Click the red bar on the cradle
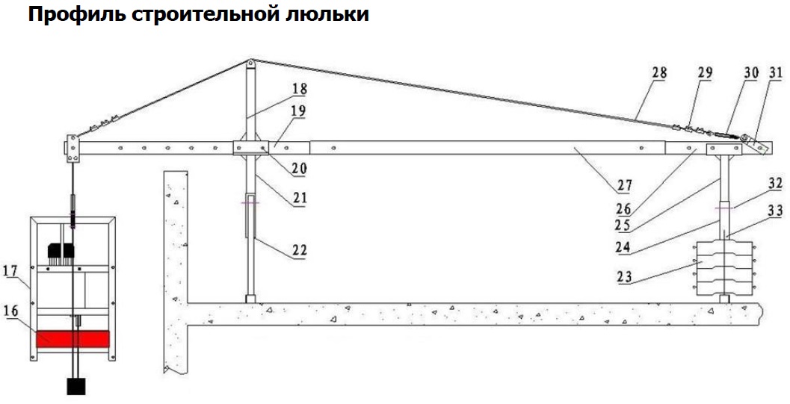click(x=72, y=339)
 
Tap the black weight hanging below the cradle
click(x=77, y=386)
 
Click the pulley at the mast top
click(x=250, y=63)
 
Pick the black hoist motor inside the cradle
click(x=58, y=253)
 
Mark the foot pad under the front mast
click(x=250, y=299)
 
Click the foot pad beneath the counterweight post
click(x=724, y=299)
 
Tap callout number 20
click(x=300, y=170)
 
